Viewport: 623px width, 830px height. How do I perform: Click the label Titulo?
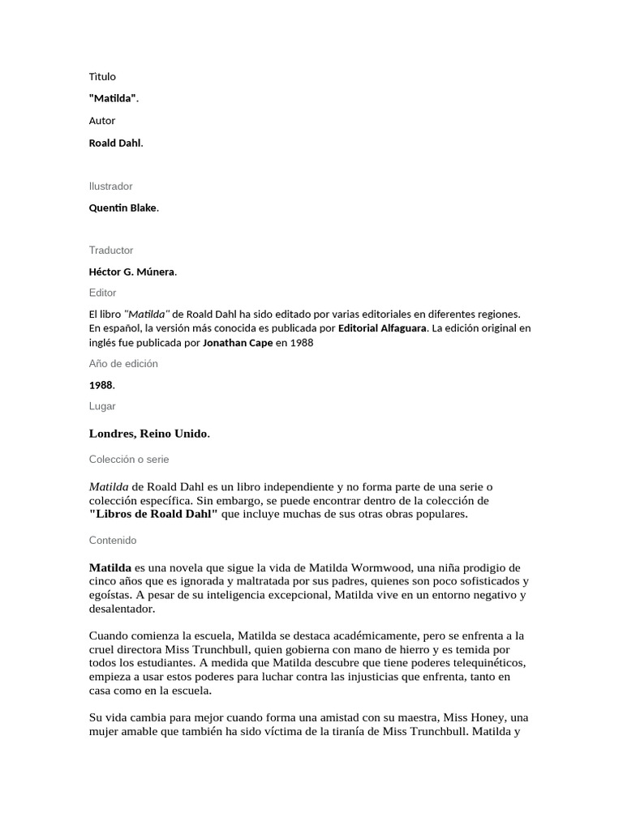(102, 77)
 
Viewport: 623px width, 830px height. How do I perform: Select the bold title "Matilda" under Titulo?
(112, 99)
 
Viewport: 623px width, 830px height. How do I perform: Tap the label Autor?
(102, 121)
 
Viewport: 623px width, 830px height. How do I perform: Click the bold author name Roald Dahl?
(114, 143)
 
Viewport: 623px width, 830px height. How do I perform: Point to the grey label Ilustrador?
(110, 186)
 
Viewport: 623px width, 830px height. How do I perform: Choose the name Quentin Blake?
(122, 208)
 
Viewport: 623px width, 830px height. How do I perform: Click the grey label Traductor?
(111, 250)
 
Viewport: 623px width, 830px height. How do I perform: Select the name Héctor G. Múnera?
(131, 272)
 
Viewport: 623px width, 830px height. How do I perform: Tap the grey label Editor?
(102, 293)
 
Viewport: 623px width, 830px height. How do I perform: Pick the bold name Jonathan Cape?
(238, 343)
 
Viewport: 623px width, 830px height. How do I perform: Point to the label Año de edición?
(123, 364)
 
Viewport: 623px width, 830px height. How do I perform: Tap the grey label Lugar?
(102, 406)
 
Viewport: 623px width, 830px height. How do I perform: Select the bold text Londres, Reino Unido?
(148, 434)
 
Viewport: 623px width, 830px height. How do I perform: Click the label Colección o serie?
(129, 459)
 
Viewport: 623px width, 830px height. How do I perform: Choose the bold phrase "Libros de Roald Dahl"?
(153, 515)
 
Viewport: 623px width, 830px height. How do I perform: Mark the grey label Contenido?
(113, 540)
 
